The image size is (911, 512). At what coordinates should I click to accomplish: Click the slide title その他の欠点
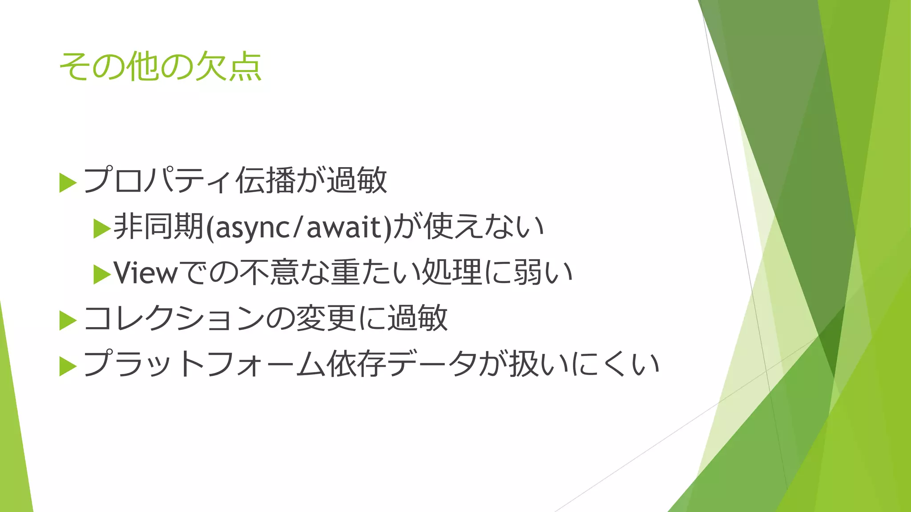click(160, 67)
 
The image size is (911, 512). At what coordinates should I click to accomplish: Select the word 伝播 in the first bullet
click(266, 180)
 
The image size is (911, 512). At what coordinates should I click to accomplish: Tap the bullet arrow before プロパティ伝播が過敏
click(68, 183)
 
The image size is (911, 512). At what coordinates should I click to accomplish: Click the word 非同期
click(158, 227)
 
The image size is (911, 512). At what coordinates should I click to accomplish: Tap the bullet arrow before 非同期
click(102, 229)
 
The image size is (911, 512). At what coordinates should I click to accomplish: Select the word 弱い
click(543, 272)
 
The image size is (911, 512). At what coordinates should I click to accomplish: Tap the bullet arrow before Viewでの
click(102, 275)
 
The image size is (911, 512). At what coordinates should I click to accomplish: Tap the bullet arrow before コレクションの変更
click(68, 320)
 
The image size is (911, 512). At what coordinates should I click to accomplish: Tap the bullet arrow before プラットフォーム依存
click(68, 366)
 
